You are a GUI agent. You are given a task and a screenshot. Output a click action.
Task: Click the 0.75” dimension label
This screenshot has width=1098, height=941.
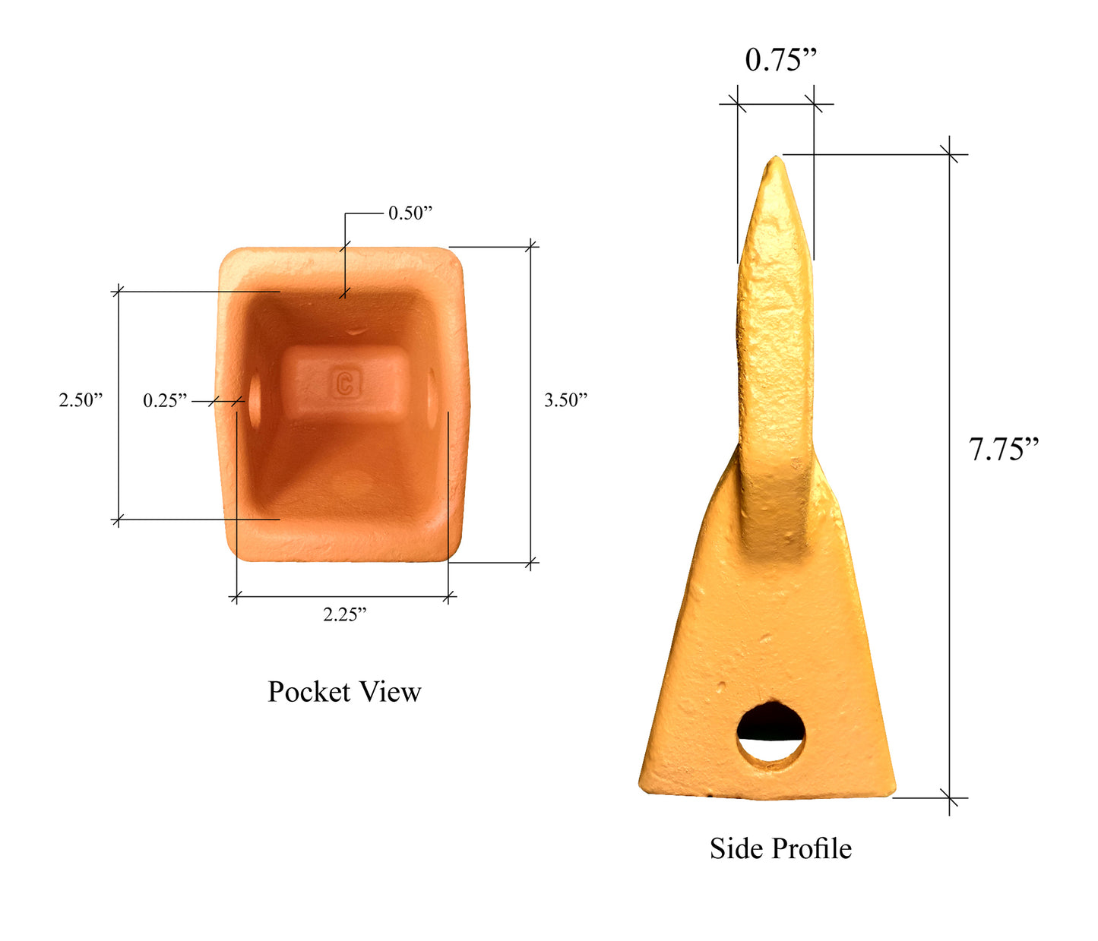[780, 60]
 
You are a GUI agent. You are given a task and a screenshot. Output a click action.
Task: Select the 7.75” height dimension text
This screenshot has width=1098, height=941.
[1003, 450]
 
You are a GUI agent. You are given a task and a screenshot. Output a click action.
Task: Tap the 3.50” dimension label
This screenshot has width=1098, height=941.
[565, 400]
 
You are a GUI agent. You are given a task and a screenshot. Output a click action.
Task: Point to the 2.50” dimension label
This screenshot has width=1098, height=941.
[81, 400]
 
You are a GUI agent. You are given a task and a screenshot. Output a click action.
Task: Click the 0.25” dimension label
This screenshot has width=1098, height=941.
[165, 400]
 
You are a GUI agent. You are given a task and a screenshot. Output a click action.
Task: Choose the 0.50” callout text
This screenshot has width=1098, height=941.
[410, 213]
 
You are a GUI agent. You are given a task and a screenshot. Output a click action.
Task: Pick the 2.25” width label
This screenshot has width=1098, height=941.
[344, 615]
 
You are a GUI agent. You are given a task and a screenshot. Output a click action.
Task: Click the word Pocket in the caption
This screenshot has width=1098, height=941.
[309, 692]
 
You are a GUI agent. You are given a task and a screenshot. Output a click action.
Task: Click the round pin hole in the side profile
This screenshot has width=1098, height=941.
[770, 734]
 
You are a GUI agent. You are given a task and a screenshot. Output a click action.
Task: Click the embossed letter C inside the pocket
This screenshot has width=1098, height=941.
[345, 383]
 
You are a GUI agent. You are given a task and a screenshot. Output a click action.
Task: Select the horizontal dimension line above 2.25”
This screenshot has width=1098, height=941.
[342, 597]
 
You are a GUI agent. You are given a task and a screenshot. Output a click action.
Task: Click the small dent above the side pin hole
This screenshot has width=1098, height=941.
[720, 688]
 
